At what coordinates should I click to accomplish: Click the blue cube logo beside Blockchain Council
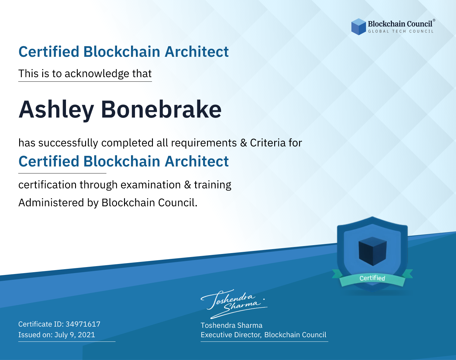[x=358, y=27]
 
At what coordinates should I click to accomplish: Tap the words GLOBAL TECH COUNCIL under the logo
[x=401, y=31]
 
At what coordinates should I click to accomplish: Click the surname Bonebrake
[x=161, y=109]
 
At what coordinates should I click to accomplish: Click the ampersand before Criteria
[x=244, y=143]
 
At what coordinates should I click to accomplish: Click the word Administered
[x=51, y=202]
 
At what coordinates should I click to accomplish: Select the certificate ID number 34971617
[x=83, y=324]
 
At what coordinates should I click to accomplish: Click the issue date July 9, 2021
[x=75, y=335]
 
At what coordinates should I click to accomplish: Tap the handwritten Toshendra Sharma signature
[x=234, y=304]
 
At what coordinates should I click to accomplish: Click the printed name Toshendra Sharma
[x=231, y=325]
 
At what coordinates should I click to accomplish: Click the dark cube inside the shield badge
[x=372, y=251]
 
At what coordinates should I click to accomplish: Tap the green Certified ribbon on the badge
[x=372, y=278]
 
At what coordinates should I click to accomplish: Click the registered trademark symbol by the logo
[x=434, y=20]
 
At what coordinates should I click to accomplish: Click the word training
[x=212, y=185]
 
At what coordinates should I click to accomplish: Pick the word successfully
[x=68, y=143]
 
